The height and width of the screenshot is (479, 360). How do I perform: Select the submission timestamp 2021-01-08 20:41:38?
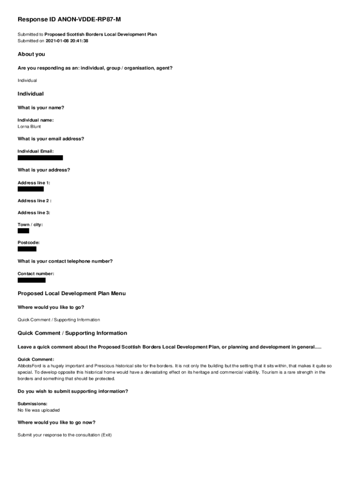[67, 41]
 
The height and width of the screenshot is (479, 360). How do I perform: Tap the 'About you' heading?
[31, 54]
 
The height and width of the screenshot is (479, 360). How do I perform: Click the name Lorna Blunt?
[29, 126]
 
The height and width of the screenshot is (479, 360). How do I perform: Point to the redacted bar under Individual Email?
[40, 158]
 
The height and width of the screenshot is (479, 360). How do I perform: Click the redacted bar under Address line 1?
[31, 189]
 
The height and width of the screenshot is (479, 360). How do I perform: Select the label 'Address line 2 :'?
[35, 201]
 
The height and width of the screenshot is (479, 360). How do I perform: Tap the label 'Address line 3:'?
[34, 213]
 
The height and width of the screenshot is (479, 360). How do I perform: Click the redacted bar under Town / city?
[23, 231]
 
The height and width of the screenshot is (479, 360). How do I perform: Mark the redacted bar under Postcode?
[27, 249]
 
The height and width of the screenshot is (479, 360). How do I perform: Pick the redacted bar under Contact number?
[32, 280]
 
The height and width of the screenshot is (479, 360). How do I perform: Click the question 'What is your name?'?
[41, 108]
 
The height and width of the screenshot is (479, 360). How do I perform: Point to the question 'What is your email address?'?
[51, 139]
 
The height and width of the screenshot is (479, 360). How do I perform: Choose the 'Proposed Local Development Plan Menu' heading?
[72, 293]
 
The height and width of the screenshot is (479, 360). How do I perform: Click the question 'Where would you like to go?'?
[51, 307]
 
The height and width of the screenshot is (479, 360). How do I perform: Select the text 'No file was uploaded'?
[39, 410]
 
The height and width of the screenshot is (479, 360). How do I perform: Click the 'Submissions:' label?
[33, 403]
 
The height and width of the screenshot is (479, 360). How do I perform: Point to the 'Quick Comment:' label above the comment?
[36, 359]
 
